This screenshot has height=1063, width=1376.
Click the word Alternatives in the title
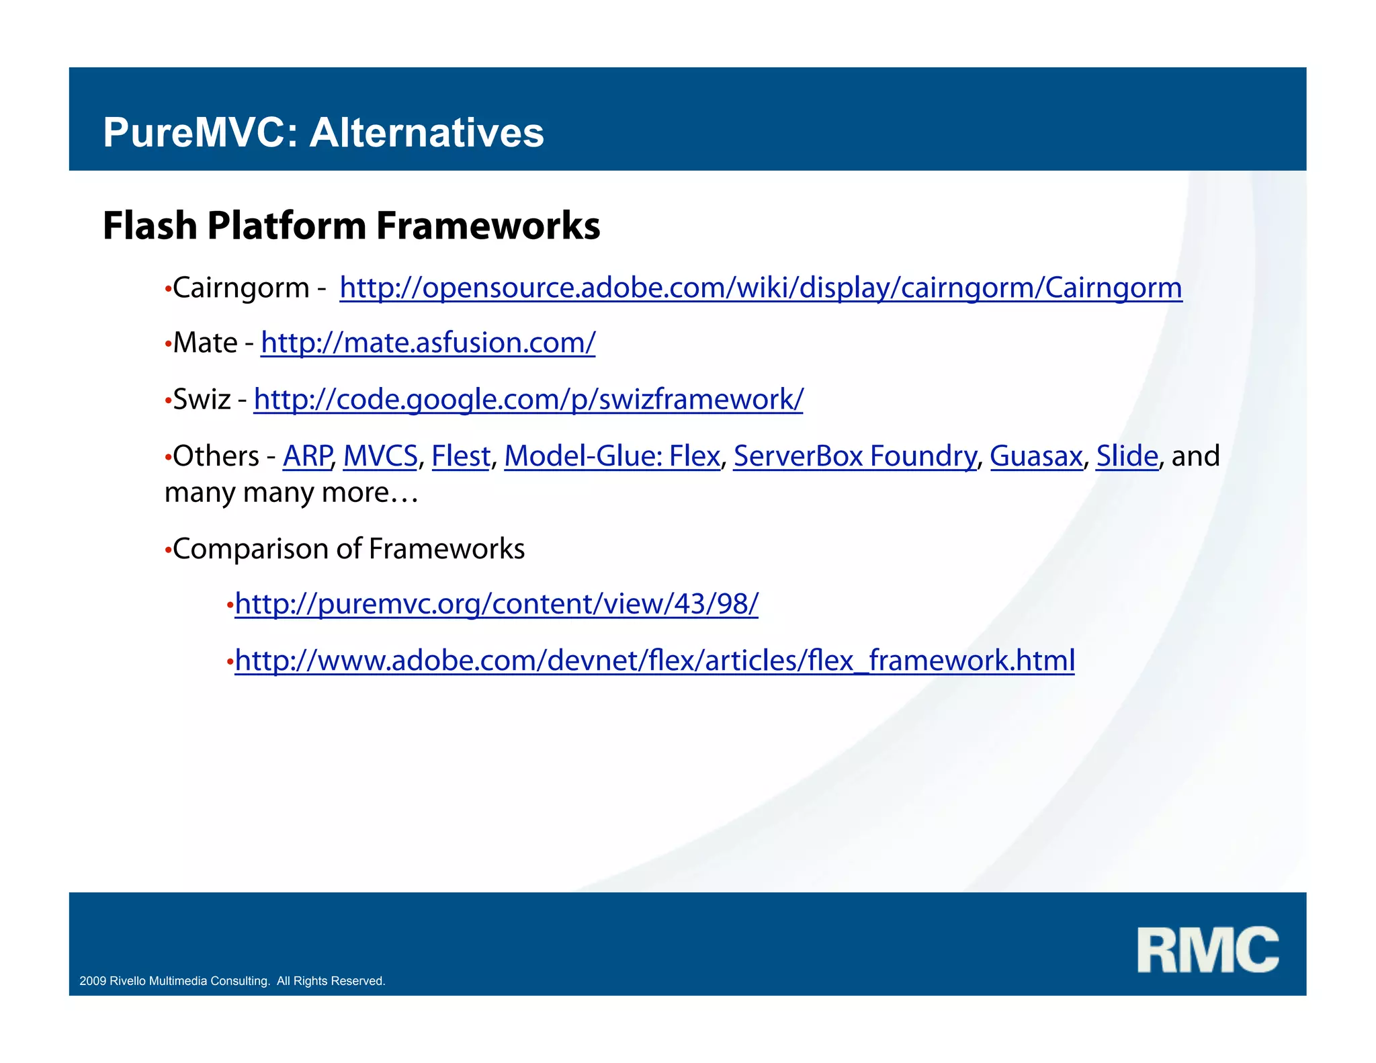426,132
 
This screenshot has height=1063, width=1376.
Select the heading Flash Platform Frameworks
351,226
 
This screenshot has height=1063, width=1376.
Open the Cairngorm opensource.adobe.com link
760,288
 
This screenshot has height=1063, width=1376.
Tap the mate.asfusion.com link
428,343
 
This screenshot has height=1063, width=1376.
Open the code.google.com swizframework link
528,400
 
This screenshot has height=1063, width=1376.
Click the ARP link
307,456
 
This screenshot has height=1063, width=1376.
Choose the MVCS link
380,456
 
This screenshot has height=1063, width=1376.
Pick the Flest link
461,456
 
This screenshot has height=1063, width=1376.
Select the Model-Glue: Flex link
611,456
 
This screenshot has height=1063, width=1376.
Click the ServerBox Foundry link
855,456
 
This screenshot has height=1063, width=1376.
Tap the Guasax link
1035,456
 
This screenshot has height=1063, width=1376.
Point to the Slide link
1127,456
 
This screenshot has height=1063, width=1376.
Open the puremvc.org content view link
496,604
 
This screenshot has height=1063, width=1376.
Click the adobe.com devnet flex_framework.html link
654,661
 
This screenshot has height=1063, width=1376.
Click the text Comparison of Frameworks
348,549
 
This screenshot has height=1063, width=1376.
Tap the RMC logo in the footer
1207,949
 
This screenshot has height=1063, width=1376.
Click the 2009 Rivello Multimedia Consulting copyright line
232,981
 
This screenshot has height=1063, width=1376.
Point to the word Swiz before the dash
202,400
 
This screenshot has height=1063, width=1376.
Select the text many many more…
291,493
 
